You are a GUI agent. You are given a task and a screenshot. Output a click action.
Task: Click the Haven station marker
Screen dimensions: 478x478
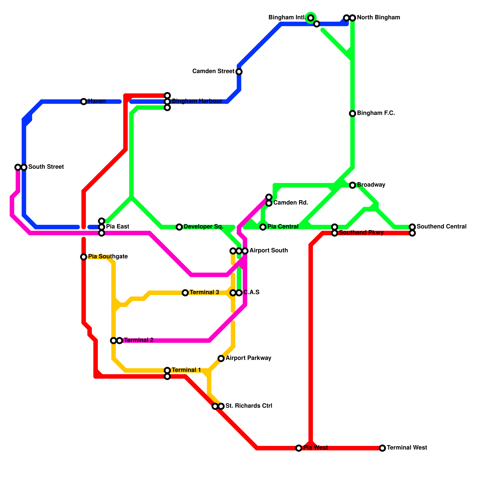point(84,102)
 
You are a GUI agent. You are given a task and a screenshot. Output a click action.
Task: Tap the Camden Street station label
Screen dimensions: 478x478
point(213,71)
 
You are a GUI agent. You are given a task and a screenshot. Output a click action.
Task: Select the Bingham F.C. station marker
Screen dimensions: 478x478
point(353,114)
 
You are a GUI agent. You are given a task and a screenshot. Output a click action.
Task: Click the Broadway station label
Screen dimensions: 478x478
point(371,185)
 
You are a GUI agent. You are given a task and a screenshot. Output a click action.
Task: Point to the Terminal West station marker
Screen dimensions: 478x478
point(382,448)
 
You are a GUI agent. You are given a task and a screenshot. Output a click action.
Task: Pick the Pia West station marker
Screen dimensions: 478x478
point(299,448)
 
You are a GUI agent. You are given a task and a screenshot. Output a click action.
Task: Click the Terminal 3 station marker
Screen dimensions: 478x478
point(185,293)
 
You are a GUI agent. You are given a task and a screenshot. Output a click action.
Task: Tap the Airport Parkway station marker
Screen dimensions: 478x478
point(221,358)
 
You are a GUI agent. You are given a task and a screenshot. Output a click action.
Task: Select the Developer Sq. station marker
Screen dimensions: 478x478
point(179,227)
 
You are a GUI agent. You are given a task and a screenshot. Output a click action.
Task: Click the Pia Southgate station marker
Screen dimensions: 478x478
point(84,257)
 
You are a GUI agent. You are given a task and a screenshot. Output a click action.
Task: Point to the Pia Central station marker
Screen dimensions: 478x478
point(263,227)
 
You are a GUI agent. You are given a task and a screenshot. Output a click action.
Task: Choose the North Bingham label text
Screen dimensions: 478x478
point(378,18)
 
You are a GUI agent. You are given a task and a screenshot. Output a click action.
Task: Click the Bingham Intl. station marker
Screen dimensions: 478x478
point(311,18)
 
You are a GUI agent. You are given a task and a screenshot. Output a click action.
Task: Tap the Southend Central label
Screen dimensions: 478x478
point(441,227)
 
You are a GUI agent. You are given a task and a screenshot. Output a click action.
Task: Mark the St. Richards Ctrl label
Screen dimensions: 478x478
point(249,406)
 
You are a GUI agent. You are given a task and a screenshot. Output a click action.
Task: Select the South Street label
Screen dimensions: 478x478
point(46,167)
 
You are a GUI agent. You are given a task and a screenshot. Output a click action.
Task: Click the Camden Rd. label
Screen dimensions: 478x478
point(290,203)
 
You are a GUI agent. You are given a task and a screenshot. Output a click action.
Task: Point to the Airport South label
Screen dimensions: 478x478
point(268,251)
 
